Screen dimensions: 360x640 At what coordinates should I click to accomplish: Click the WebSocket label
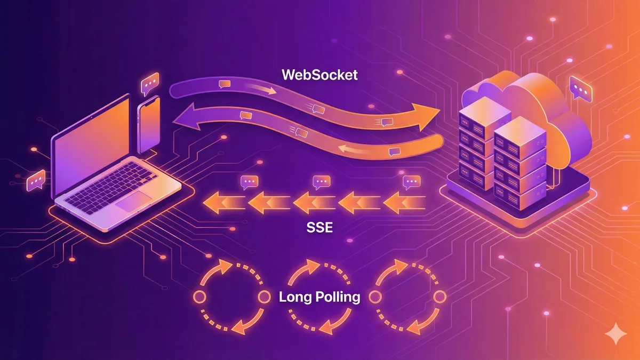tap(319, 74)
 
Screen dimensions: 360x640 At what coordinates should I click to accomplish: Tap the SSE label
tap(319, 228)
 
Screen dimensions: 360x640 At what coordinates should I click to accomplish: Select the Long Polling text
tap(319, 297)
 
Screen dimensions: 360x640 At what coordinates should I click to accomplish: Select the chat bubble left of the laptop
tap(36, 180)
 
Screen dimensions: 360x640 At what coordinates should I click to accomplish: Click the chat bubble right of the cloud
tap(580, 89)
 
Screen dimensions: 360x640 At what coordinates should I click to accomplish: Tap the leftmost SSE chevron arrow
tap(220, 203)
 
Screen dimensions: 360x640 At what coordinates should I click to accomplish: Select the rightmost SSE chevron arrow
tap(405, 203)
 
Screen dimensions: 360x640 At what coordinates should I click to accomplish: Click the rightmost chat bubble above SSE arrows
tap(411, 182)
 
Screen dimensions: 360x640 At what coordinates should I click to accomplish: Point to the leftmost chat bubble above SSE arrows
tap(249, 182)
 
